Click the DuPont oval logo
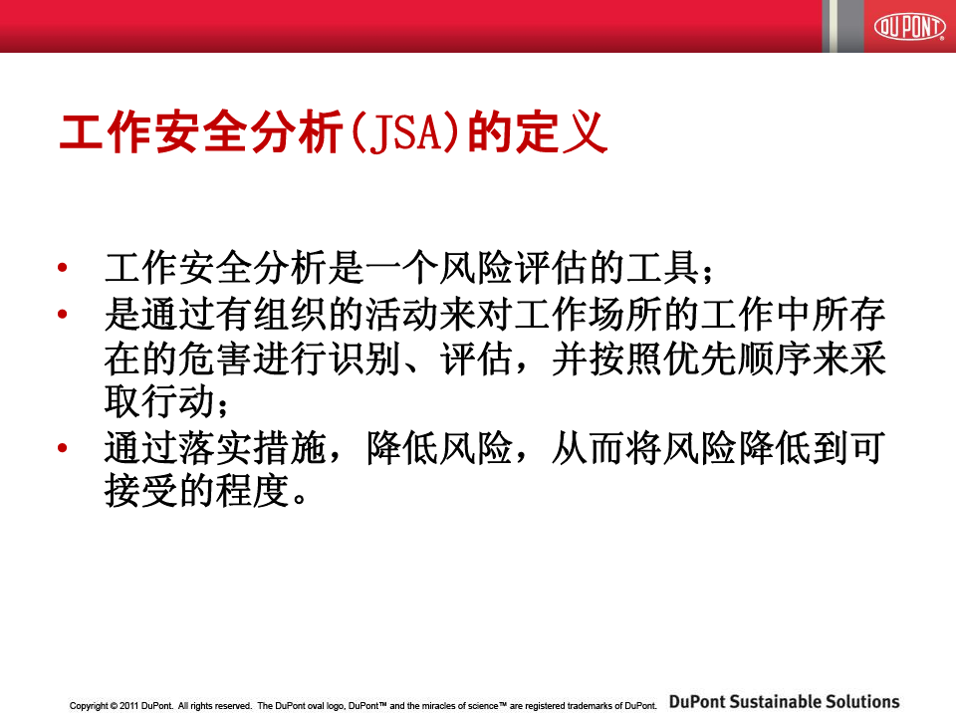909,26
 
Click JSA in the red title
405,132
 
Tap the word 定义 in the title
561,132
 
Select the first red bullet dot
62,267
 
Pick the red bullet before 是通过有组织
62,314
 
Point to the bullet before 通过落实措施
62,448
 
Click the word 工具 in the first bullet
663,268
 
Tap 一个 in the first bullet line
401,268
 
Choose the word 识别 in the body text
364,359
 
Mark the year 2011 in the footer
129,705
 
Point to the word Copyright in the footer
89,706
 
